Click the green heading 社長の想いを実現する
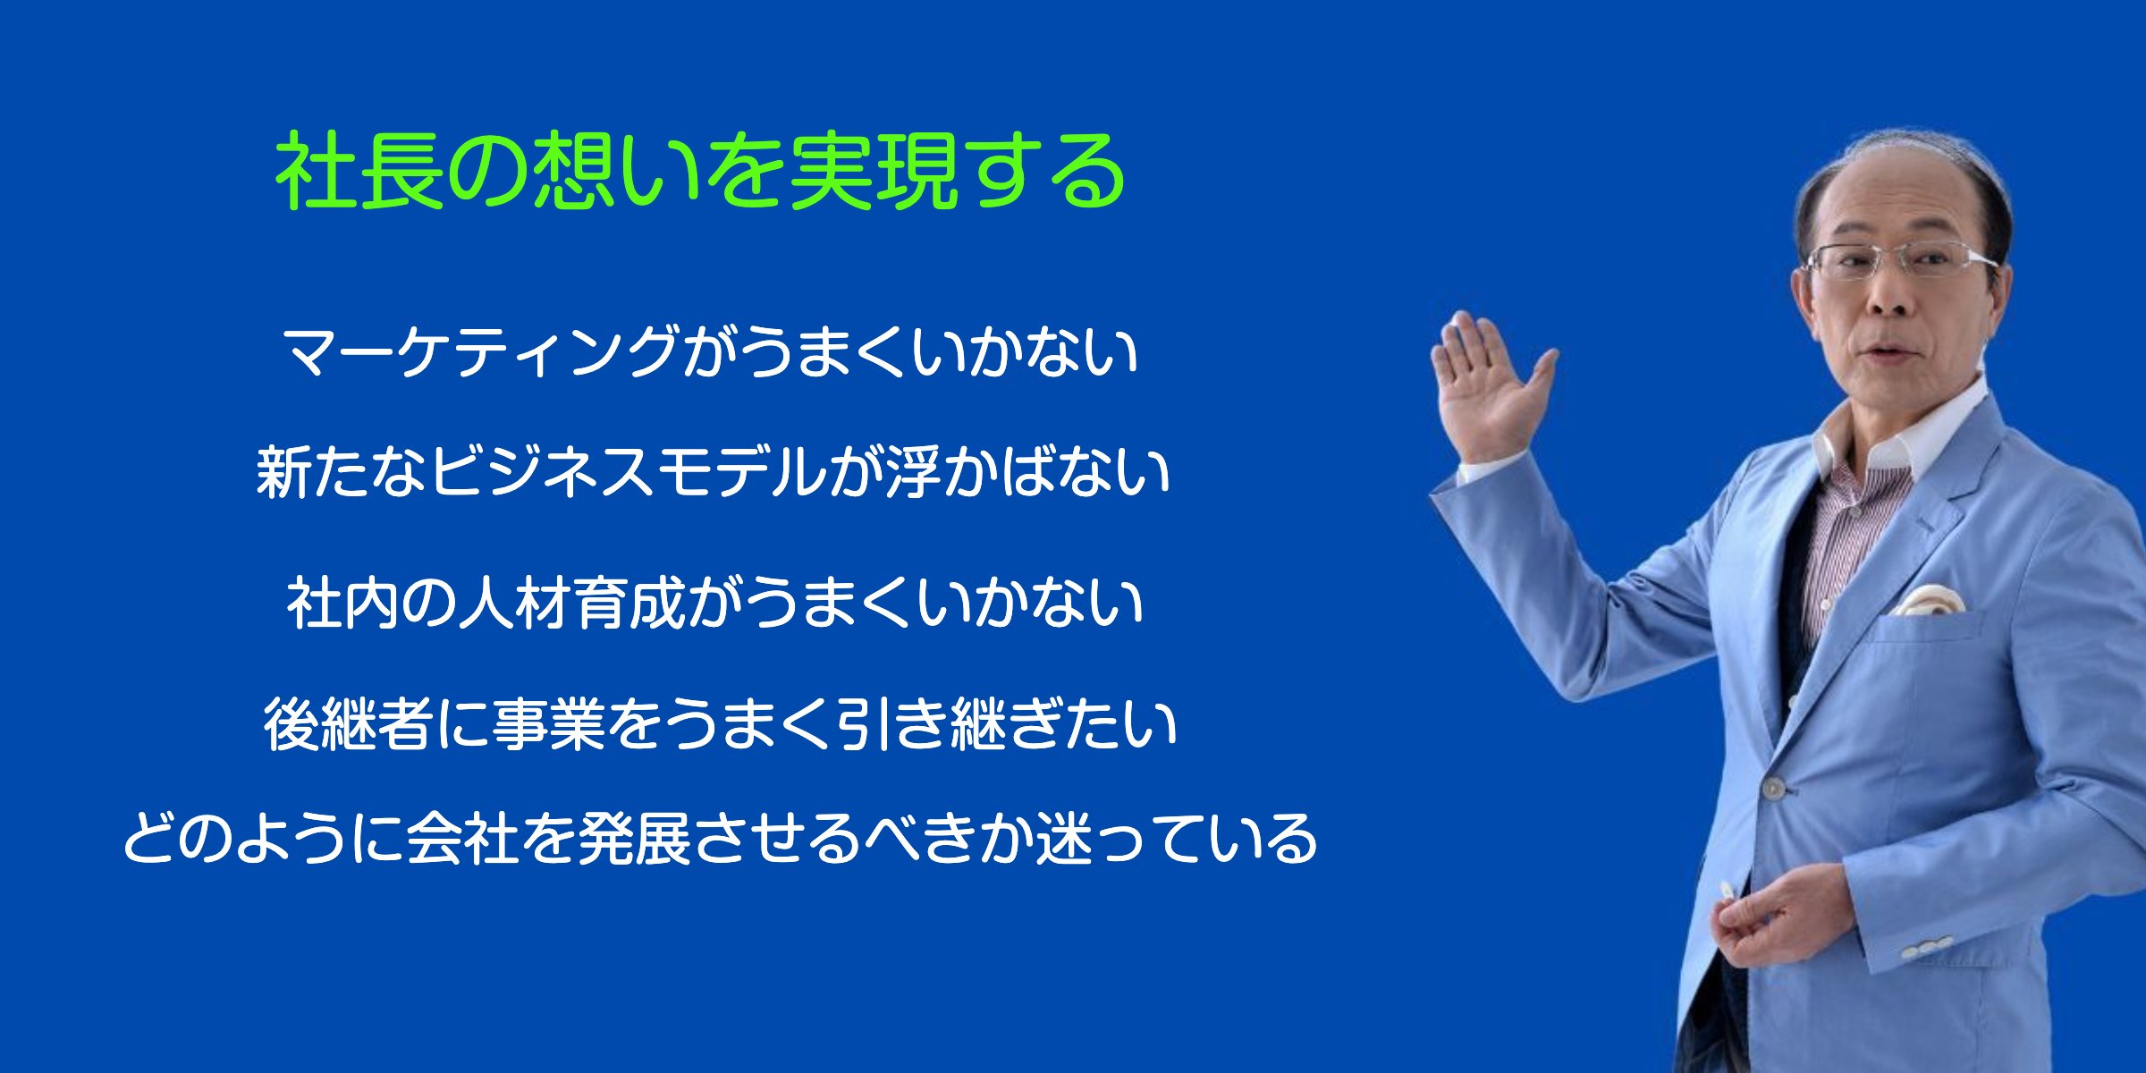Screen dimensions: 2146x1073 (x=700, y=171)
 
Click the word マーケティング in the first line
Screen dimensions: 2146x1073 (x=481, y=351)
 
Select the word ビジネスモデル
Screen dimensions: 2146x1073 (x=629, y=472)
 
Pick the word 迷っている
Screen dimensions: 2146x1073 (x=1177, y=839)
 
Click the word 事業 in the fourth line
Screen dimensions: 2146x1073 (x=548, y=723)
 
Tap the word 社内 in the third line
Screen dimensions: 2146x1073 (x=343, y=603)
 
